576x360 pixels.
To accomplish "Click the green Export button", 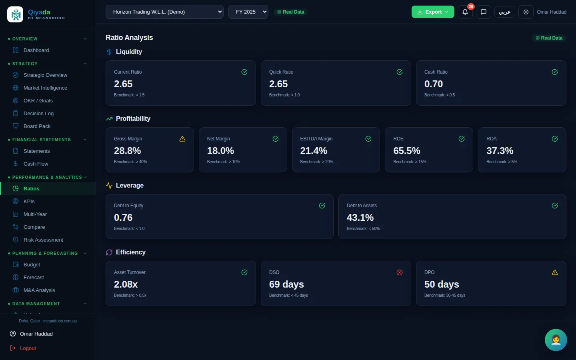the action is pyautogui.click(x=433, y=12).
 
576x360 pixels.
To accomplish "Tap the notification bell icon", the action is pyautogui.click(x=465, y=12).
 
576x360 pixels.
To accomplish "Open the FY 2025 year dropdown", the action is pyautogui.click(x=248, y=12).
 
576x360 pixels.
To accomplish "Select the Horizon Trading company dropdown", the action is pyautogui.click(x=164, y=12).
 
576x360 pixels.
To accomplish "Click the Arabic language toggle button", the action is pyautogui.click(x=504, y=12).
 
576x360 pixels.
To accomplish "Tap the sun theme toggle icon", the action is pyautogui.click(x=526, y=12).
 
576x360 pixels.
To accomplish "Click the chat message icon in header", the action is pyautogui.click(x=484, y=12).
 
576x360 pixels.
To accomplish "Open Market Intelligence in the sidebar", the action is pyautogui.click(x=45, y=88).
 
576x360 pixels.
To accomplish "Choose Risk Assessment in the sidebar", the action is pyautogui.click(x=43, y=240).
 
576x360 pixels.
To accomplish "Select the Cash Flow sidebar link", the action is pyautogui.click(x=36, y=164).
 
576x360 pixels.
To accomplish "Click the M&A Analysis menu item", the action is pyautogui.click(x=39, y=290).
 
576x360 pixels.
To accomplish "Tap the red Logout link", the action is pyautogui.click(x=28, y=348).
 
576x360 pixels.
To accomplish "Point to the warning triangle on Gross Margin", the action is pyautogui.click(x=182, y=139).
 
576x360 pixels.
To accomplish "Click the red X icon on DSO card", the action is pyautogui.click(x=400, y=272).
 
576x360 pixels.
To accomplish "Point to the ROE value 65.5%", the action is pyautogui.click(x=406, y=151).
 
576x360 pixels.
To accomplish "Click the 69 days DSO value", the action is pyautogui.click(x=286, y=284).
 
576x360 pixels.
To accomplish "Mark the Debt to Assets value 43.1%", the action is pyautogui.click(x=360, y=218).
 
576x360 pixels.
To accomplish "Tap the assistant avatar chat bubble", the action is pyautogui.click(x=556, y=340).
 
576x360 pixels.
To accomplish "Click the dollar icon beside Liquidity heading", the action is pyautogui.click(x=109, y=52).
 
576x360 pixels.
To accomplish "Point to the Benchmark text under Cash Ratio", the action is pyautogui.click(x=440, y=95).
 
